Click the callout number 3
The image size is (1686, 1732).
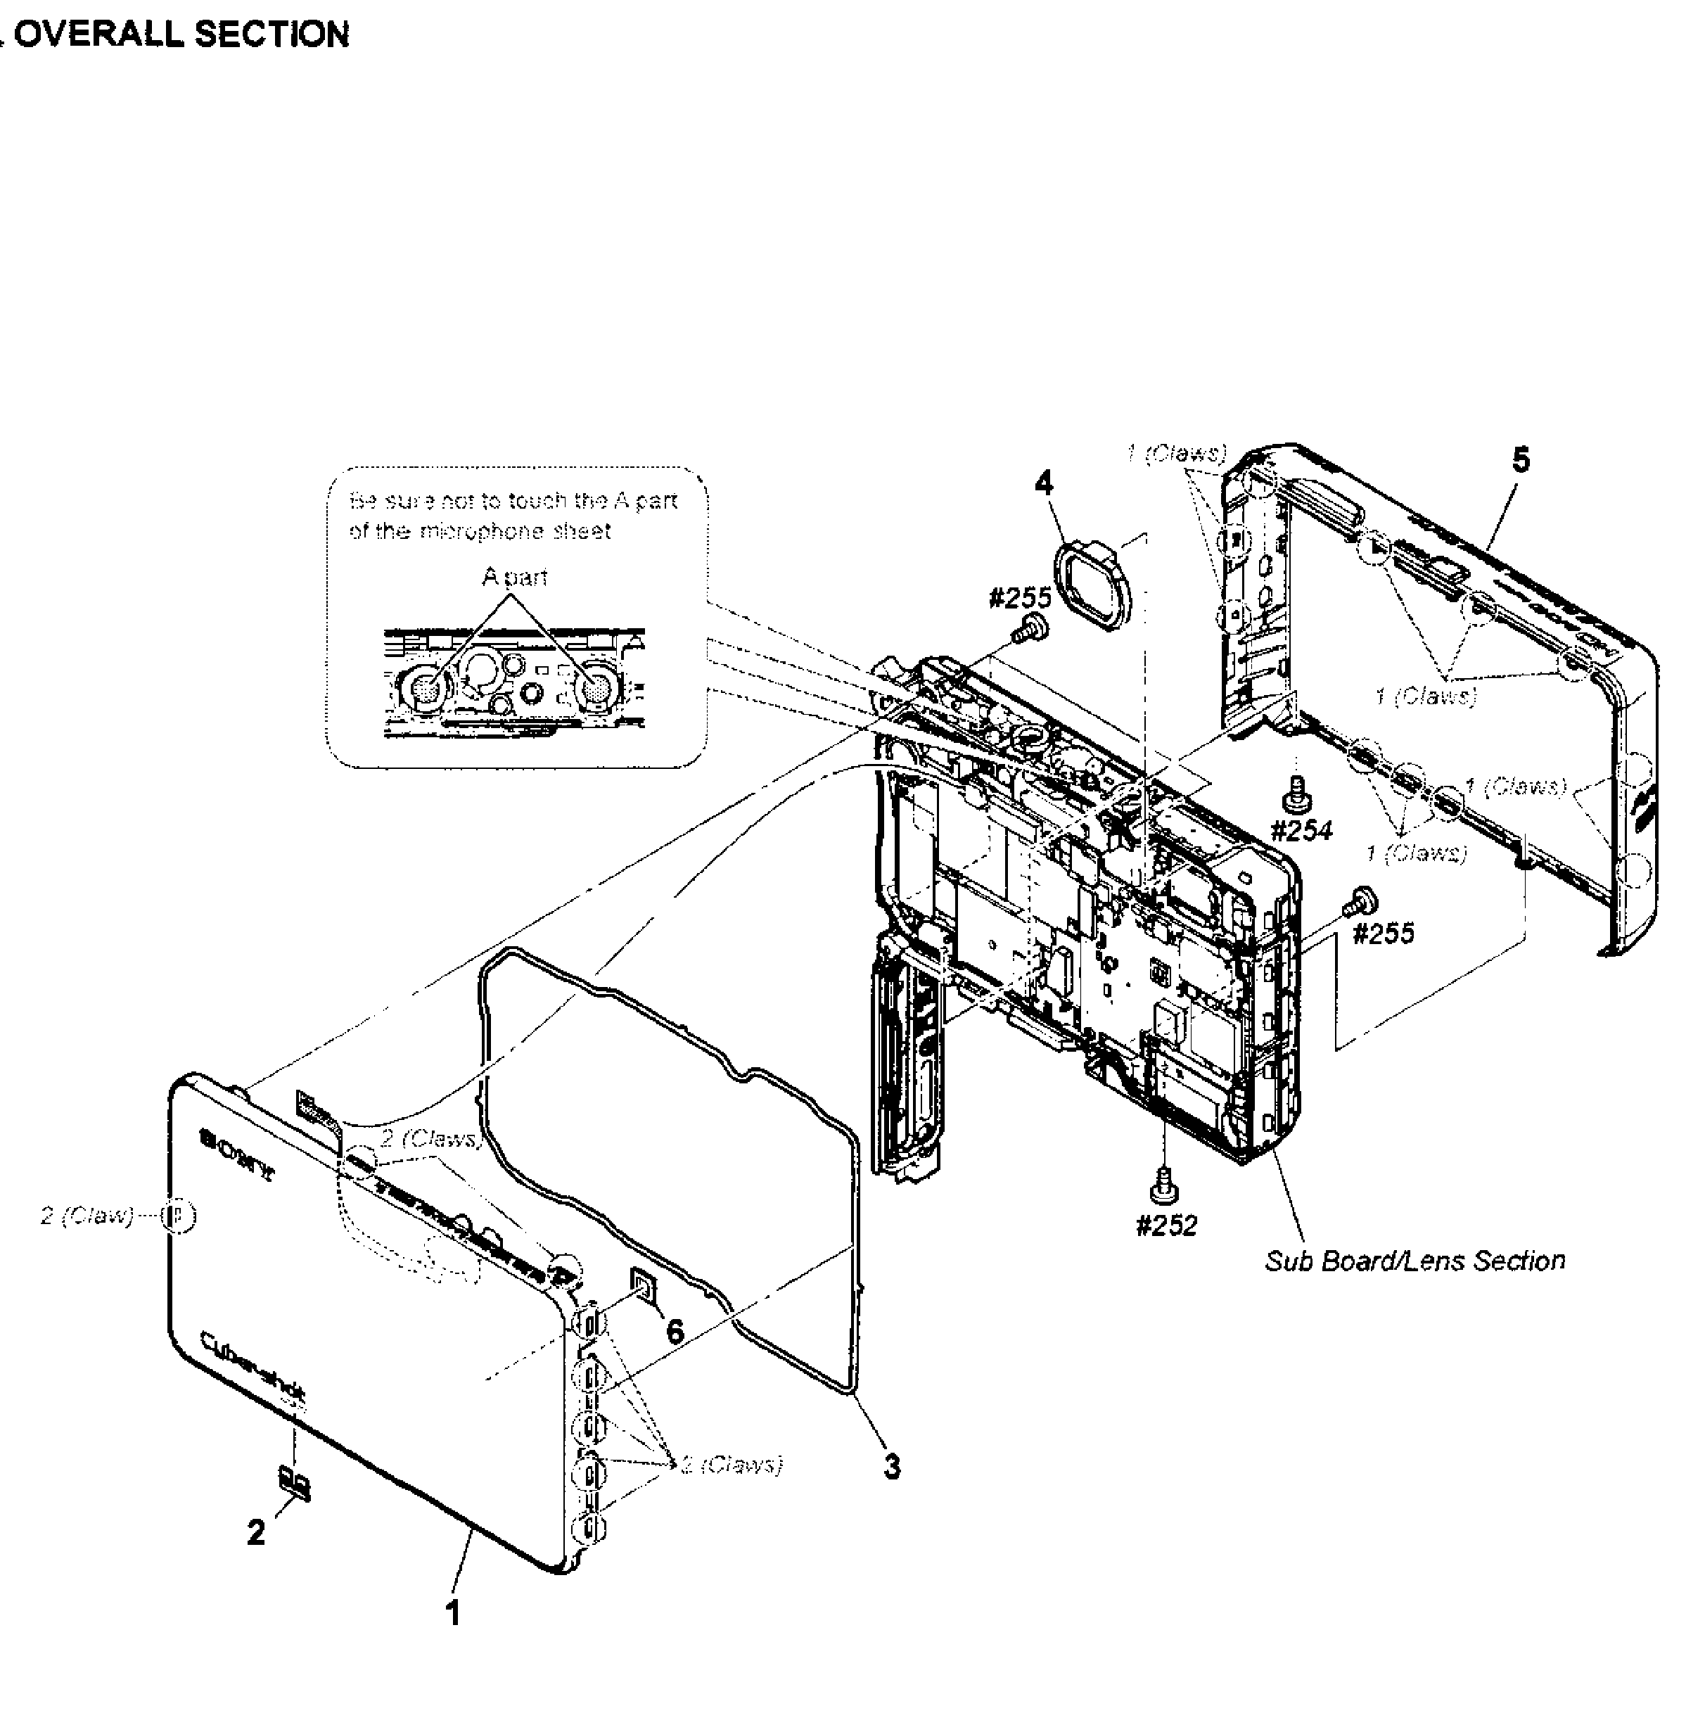[892, 1466]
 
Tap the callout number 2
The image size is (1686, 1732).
[256, 1533]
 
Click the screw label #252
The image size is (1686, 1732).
[1166, 1225]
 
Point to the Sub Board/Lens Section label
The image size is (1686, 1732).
[1414, 1261]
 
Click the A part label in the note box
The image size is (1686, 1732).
[514, 578]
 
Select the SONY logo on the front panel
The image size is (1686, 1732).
[236, 1154]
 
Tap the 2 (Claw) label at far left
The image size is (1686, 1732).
[86, 1216]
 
